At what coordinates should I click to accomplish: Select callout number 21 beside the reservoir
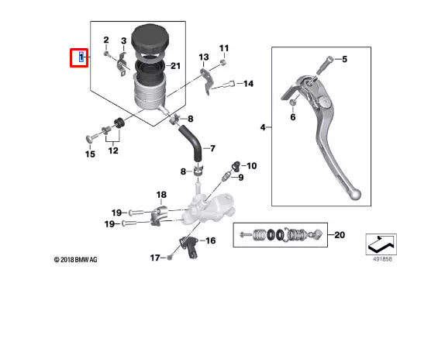coord(175,66)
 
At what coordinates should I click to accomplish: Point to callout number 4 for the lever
coord(263,126)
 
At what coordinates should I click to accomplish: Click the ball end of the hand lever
coord(353,191)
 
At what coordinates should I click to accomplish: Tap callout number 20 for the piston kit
coord(338,234)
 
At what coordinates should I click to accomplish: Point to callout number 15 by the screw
coord(90,154)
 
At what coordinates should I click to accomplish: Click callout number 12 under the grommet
coord(113,150)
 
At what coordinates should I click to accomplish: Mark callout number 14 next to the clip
coord(248,83)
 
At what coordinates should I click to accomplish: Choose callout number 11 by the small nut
coord(224,48)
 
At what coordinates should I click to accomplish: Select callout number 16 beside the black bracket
coord(209,241)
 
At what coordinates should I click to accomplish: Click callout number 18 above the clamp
coord(161,195)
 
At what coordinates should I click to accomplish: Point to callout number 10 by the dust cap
coord(251,166)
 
